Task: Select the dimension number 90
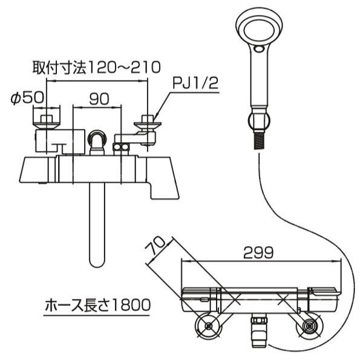pos(99,99)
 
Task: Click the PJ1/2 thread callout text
pos(195,83)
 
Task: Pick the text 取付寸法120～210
pos(96,68)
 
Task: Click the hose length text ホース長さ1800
pos(97,305)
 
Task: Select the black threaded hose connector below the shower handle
pos(260,142)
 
